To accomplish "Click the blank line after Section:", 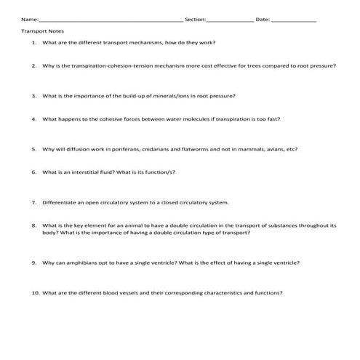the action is [x=231, y=20].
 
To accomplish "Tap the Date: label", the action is [x=263, y=20].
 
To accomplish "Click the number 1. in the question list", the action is [x=33, y=43].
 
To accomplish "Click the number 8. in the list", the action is [x=33, y=225].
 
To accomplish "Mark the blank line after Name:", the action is [x=109, y=20].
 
